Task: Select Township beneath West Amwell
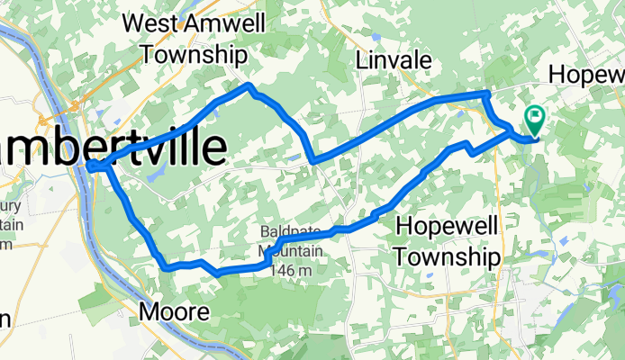194,53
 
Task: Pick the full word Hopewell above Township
447,227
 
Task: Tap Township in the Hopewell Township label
447,257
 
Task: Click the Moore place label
176,312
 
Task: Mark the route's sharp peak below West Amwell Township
249,85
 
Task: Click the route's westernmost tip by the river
91,166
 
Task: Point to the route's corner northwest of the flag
486,94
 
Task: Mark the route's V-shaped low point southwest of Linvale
313,160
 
